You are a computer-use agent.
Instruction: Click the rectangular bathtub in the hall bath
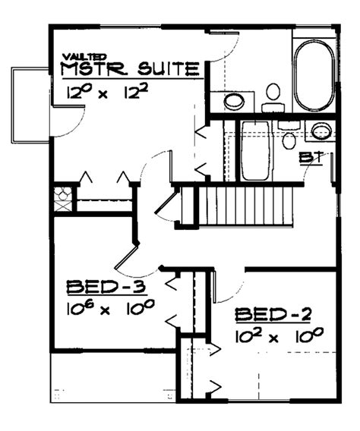(x=257, y=149)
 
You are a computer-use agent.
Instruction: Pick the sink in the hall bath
(x=322, y=130)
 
